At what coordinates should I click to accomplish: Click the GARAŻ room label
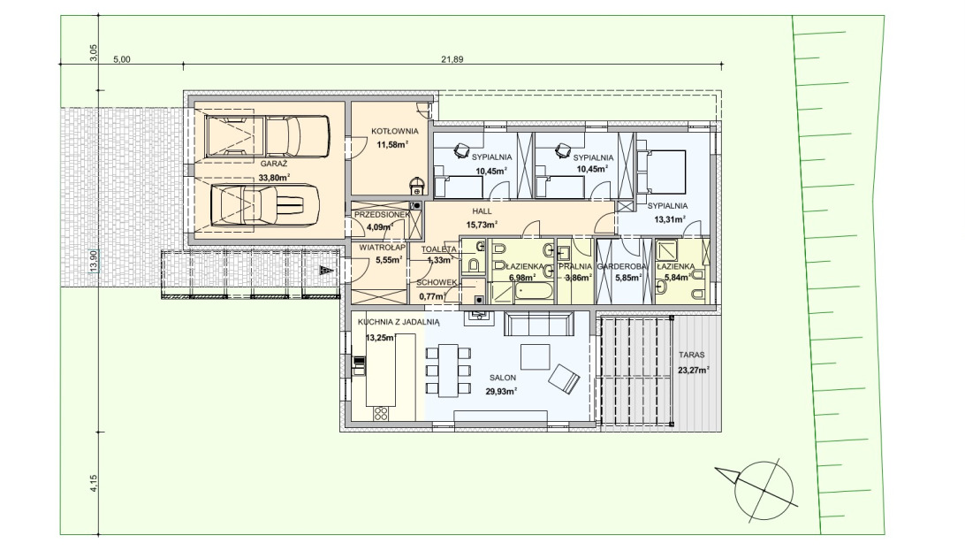[x=273, y=164]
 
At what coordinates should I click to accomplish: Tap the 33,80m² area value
[x=275, y=177]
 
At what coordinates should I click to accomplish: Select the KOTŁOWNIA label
[x=394, y=131]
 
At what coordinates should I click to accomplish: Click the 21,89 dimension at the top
[x=452, y=60]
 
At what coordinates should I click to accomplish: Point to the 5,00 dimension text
[x=122, y=60]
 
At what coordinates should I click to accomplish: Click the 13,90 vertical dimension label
[x=94, y=260]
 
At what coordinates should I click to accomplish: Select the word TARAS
[x=692, y=356]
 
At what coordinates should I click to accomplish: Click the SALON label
[x=503, y=378]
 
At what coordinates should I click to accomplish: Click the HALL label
[x=482, y=211]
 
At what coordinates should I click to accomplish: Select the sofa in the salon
[x=537, y=323]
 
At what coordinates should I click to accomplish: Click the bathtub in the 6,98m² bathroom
[x=534, y=293]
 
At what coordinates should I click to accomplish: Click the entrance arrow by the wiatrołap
[x=326, y=270]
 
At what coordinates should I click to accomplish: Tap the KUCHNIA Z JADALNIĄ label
[x=399, y=322]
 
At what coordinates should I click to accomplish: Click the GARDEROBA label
[x=621, y=266]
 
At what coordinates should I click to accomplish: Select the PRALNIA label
[x=574, y=266]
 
